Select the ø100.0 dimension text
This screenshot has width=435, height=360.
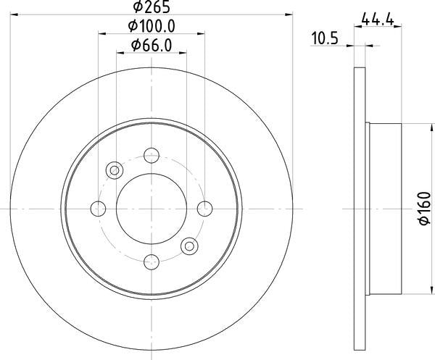coord(152,27)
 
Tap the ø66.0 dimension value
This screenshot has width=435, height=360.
coord(152,45)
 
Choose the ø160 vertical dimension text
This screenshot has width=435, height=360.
coord(423,208)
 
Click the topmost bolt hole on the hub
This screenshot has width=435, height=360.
coord(151,154)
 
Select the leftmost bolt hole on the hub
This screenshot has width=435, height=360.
coord(98,209)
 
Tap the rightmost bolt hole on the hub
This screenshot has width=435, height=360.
coord(205,209)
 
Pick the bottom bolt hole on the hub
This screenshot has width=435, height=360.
coord(151,262)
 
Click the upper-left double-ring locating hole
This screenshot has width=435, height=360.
coord(114,170)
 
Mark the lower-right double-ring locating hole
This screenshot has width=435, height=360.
coord(189,246)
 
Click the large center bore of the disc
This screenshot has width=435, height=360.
coord(151,209)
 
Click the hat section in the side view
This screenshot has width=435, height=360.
coord(384,209)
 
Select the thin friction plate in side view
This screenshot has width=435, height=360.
coord(358,209)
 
